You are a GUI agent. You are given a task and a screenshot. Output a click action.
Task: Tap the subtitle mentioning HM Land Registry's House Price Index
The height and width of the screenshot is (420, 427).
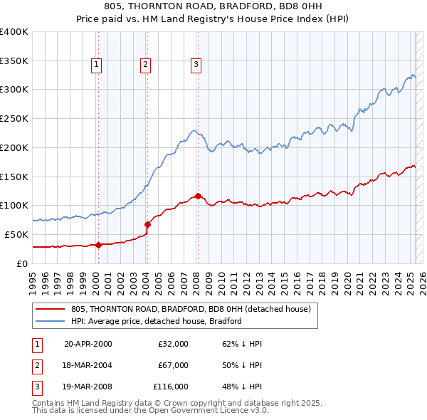click(213, 20)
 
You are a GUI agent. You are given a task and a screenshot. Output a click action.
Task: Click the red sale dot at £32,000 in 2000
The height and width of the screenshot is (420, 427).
click(98, 245)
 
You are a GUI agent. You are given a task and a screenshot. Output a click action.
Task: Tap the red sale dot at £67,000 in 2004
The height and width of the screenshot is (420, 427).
click(147, 224)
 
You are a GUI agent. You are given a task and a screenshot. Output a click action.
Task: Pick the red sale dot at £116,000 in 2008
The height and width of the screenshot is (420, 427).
click(198, 196)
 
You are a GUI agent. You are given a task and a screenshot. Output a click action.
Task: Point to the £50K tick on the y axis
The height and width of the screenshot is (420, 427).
click(16, 234)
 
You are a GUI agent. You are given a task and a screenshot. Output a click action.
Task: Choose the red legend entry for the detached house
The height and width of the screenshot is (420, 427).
click(191, 309)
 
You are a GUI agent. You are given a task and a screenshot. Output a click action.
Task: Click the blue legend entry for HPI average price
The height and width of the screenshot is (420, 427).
click(157, 321)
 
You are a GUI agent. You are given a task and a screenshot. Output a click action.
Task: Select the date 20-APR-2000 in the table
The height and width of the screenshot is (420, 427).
click(88, 344)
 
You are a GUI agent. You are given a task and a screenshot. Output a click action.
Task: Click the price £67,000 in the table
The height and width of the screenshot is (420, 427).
click(173, 365)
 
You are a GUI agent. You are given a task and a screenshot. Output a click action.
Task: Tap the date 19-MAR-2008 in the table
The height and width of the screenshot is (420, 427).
click(88, 387)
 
